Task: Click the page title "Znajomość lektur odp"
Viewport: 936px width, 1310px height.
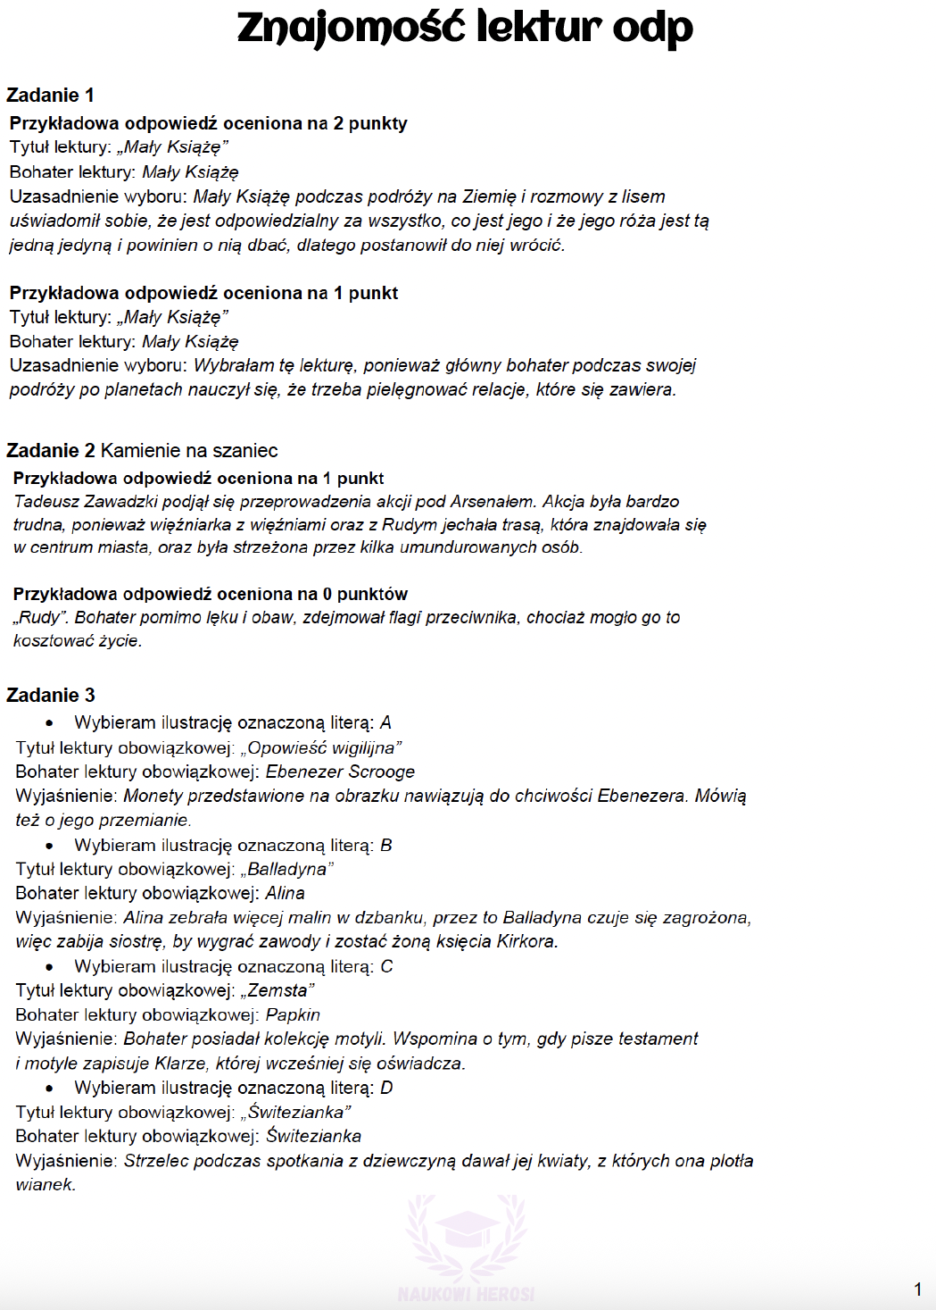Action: click(465, 28)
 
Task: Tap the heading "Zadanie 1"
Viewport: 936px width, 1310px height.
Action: click(50, 96)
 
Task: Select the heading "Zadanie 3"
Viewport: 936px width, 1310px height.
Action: click(50, 696)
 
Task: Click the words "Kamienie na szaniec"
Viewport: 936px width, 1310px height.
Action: click(189, 451)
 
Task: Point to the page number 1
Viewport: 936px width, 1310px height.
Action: click(917, 1289)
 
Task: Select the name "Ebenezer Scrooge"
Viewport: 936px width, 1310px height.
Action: click(340, 772)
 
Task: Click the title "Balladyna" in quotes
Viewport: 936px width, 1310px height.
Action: click(286, 869)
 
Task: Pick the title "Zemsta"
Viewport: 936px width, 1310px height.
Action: click(277, 990)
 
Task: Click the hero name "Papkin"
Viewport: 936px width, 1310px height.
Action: click(293, 1014)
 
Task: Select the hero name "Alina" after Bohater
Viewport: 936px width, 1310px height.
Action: click(285, 893)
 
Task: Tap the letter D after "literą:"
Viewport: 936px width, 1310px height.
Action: click(386, 1088)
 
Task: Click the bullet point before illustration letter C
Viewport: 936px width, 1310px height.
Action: click(49, 967)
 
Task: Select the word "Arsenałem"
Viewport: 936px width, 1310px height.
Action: click(492, 502)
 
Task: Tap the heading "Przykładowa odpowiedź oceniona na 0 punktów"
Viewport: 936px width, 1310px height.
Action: click(211, 594)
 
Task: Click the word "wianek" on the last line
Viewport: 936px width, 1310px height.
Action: click(44, 1185)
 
